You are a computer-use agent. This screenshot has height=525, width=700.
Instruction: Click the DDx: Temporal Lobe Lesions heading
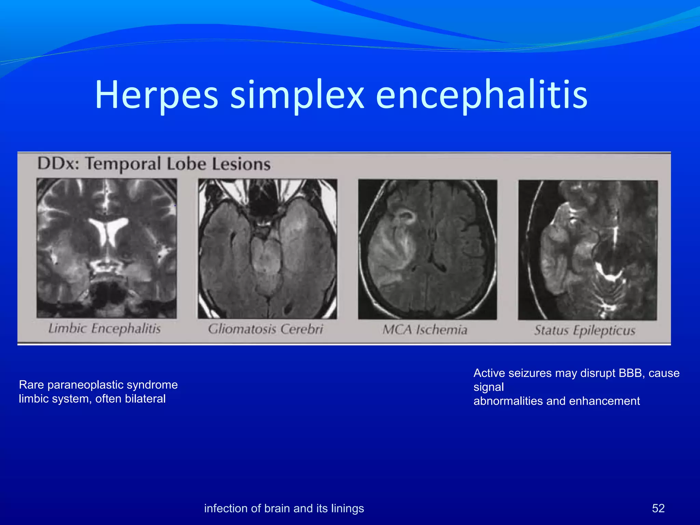[154, 164]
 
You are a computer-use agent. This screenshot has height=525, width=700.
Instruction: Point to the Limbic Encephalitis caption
[105, 328]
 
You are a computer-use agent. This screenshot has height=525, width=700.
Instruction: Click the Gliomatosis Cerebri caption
[266, 329]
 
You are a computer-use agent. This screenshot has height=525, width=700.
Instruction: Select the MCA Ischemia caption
[425, 329]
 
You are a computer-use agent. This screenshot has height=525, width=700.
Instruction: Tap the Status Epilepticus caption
[585, 330]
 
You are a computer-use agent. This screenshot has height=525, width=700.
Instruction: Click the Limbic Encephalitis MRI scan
[107, 248]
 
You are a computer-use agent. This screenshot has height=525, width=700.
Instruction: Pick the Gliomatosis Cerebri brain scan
[267, 249]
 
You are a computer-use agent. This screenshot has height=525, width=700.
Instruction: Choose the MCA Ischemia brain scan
[427, 250]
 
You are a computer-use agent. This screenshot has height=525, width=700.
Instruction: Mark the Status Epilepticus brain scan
[588, 250]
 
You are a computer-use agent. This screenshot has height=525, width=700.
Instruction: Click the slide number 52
[658, 508]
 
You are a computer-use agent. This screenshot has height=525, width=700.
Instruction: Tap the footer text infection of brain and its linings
[284, 508]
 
